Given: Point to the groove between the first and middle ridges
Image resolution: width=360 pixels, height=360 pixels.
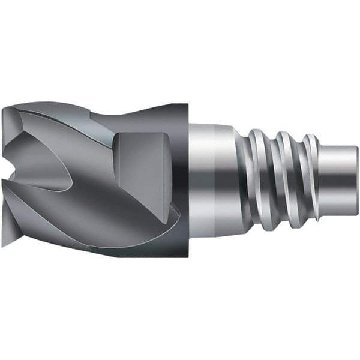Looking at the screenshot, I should click(273, 180).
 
